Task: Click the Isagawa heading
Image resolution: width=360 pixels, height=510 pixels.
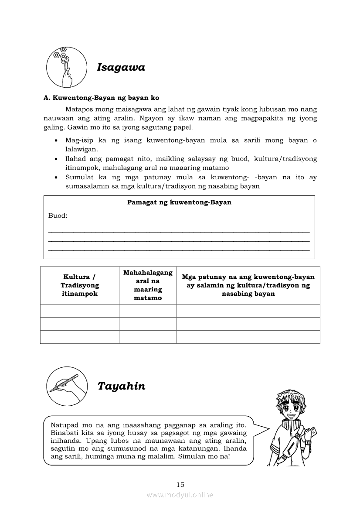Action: pyautogui.click(x=121, y=68)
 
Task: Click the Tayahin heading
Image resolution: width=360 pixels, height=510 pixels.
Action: pyautogui.click(x=121, y=387)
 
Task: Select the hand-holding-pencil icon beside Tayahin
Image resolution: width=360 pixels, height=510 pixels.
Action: pyautogui.click(x=66, y=386)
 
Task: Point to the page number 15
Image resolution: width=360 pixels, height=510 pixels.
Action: pyautogui.click(x=180, y=484)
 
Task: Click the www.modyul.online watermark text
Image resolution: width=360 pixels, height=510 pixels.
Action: pyautogui.click(x=180, y=495)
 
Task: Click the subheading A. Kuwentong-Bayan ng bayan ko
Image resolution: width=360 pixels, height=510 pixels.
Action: pyautogui.click(x=101, y=98)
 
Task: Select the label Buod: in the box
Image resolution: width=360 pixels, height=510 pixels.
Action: pyautogui.click(x=58, y=216)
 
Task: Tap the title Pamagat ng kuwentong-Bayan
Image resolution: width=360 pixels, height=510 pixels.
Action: pyautogui.click(x=179, y=202)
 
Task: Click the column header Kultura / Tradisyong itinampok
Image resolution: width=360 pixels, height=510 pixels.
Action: pyautogui.click(x=80, y=285)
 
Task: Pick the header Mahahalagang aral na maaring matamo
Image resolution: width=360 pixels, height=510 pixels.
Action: pyautogui.click(x=148, y=285)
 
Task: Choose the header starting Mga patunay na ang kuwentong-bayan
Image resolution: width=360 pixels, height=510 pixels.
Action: pyautogui.click(x=248, y=285)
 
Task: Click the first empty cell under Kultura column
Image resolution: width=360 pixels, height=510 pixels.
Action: pyautogui.click(x=80, y=311)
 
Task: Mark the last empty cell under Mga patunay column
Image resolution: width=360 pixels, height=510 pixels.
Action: pyautogui.click(x=248, y=337)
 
